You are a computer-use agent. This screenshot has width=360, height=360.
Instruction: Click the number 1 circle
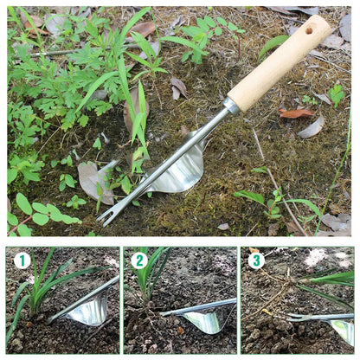22,260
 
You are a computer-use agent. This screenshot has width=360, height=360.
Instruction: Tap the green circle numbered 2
138,260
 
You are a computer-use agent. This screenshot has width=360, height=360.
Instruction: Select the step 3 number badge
255,260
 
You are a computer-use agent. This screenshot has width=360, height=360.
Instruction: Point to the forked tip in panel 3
294,318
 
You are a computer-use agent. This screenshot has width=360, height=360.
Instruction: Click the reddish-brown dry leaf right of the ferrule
296,112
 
